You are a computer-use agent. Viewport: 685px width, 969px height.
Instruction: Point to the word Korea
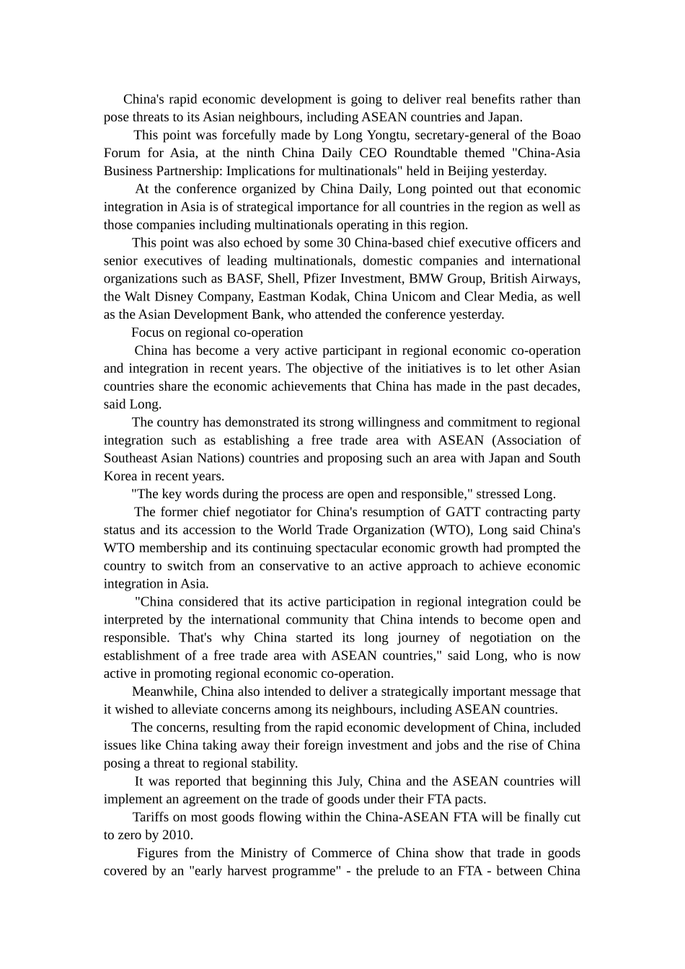[x=120, y=476]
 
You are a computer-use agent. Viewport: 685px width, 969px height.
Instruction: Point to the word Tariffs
[x=150, y=817]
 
